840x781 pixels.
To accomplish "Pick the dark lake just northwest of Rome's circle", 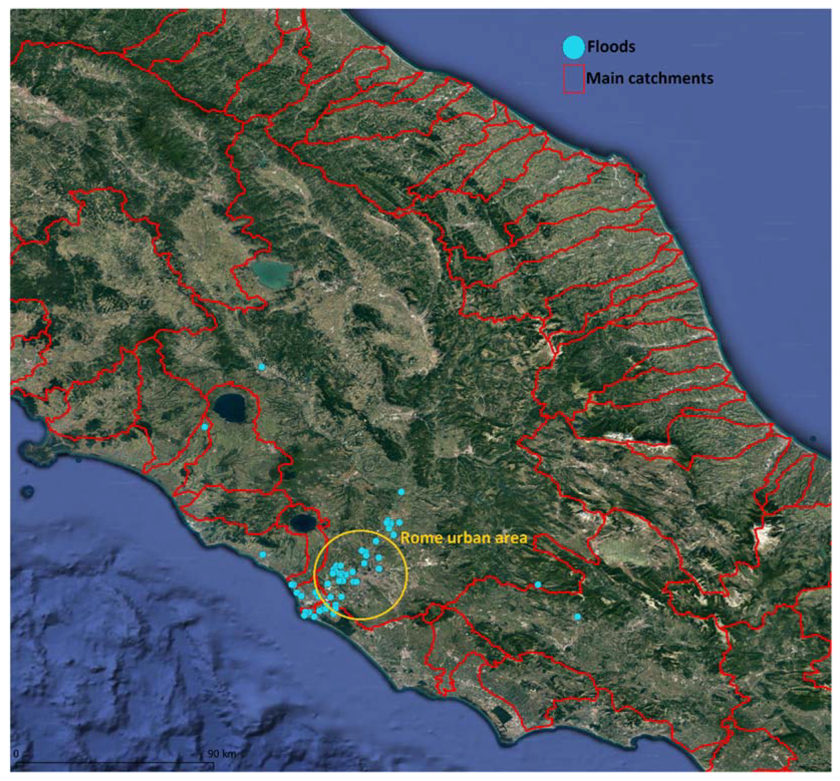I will [303, 523].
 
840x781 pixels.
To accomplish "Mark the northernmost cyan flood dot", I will [262, 367].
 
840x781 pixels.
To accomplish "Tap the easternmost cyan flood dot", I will [578, 617].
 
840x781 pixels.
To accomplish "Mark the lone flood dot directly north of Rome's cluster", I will [401, 492].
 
